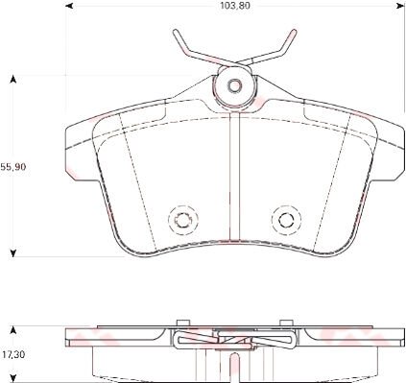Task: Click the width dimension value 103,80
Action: (x=232, y=7)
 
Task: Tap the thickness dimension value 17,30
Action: (x=12, y=354)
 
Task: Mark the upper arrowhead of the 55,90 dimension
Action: (x=12, y=79)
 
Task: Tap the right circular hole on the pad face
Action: (x=284, y=220)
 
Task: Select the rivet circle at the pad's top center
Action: (x=233, y=84)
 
